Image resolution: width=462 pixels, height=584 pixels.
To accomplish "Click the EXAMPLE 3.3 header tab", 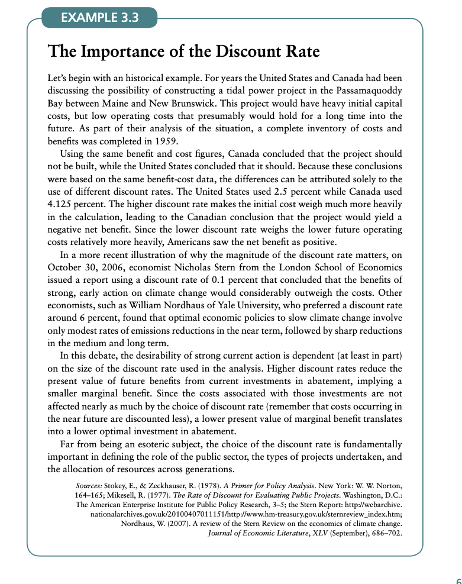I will [99, 17].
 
